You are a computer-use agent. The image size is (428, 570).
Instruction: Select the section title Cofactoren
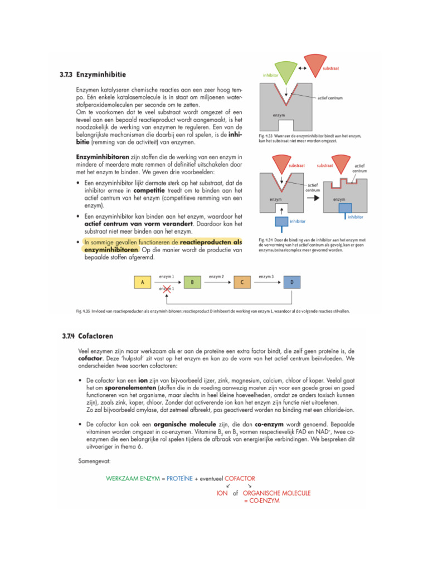click(x=96, y=336)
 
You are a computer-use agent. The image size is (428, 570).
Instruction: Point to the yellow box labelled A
click(x=143, y=282)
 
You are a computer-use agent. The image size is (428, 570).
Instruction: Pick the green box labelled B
click(x=192, y=282)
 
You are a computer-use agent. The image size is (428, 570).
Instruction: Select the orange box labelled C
click(x=242, y=282)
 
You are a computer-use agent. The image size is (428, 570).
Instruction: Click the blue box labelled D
click(x=293, y=282)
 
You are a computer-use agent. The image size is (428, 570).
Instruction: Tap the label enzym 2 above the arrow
click(x=216, y=277)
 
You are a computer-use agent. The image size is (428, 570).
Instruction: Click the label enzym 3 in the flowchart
click(x=266, y=277)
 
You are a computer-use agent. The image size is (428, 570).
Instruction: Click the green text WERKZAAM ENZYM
click(x=132, y=479)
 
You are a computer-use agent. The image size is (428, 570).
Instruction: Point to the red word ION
click(x=222, y=493)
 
